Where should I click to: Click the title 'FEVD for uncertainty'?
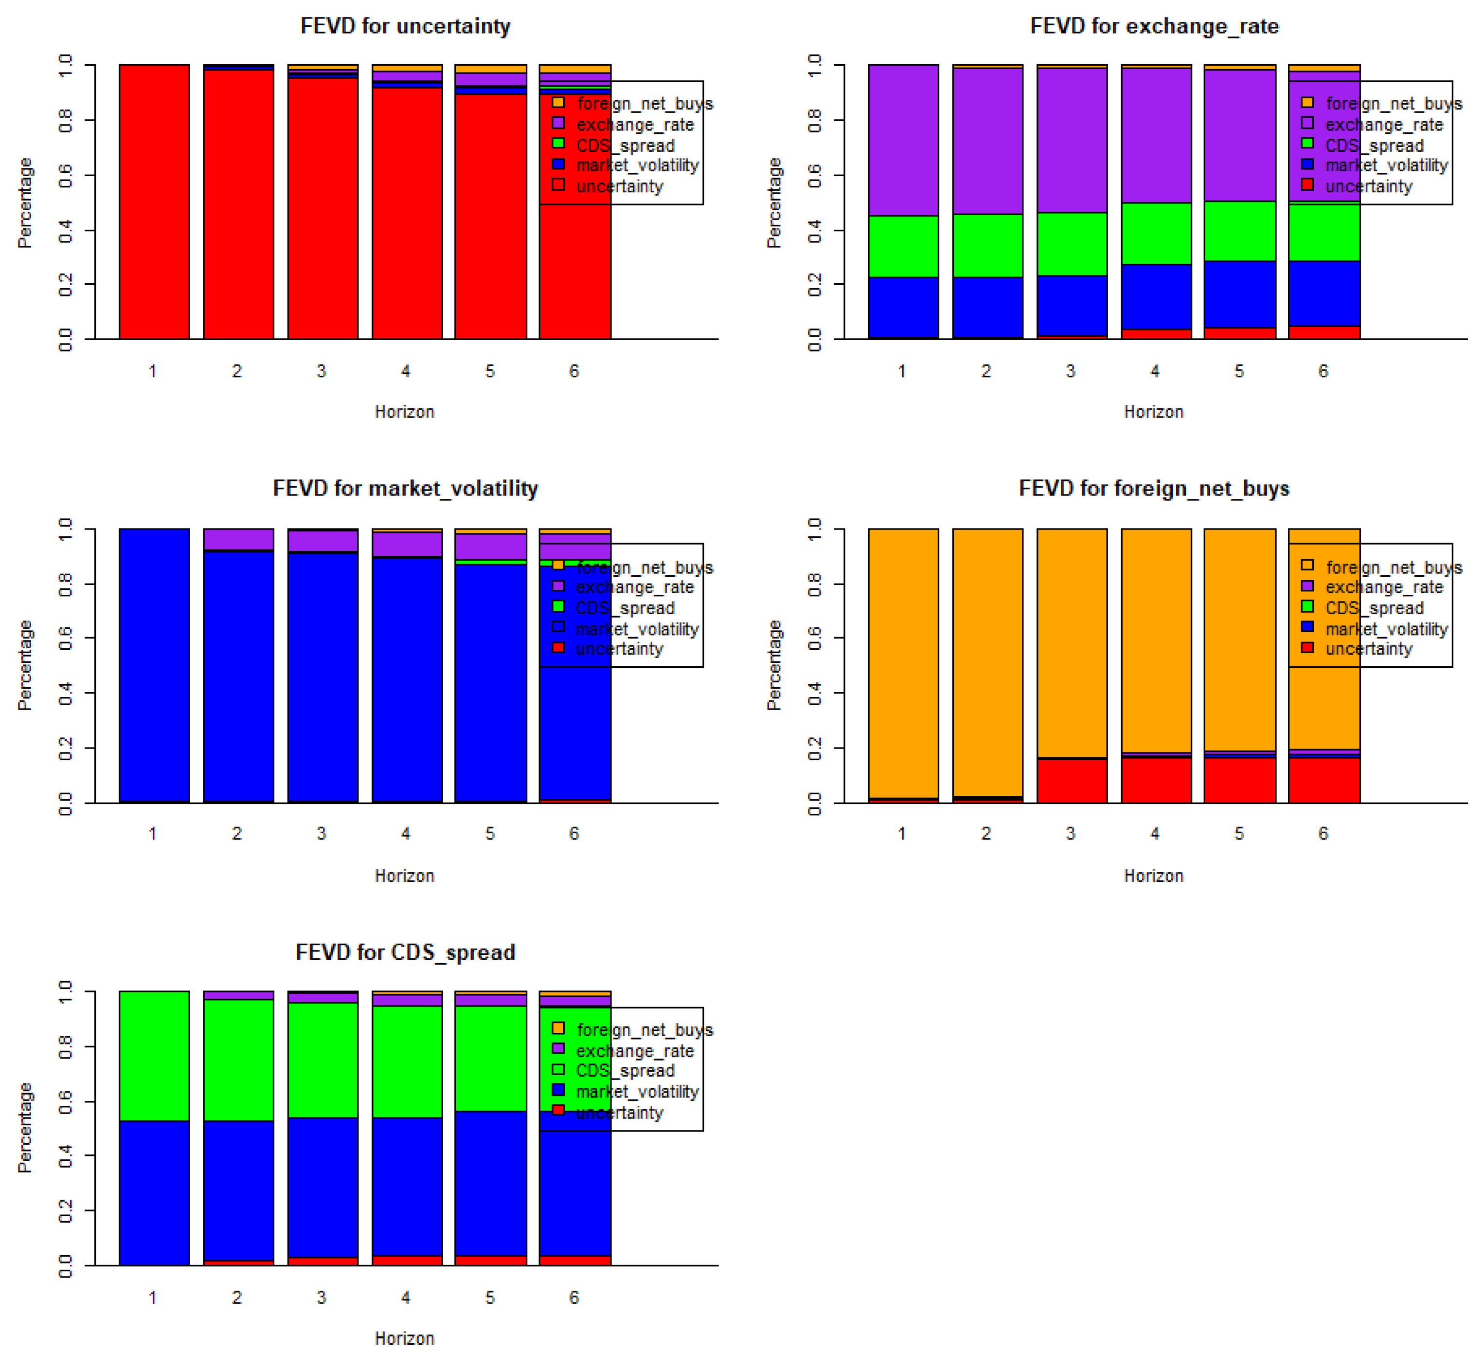pyautogui.click(x=405, y=26)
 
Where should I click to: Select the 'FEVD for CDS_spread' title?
pyautogui.click(x=405, y=952)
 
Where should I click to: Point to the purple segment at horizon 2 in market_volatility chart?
pyautogui.click(x=238, y=539)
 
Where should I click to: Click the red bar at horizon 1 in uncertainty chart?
pyautogui.click(x=154, y=202)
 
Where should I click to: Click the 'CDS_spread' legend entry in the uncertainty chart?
pyautogui.click(x=625, y=145)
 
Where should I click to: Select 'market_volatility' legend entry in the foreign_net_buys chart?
pyautogui.click(x=1385, y=629)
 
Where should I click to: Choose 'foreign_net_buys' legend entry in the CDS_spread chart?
pyautogui.click(x=644, y=1030)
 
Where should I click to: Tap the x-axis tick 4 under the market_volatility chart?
pyautogui.click(x=406, y=833)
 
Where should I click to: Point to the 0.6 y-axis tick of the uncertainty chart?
pyautogui.click(x=66, y=175)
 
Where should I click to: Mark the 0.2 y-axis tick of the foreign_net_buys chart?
pyautogui.click(x=814, y=749)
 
